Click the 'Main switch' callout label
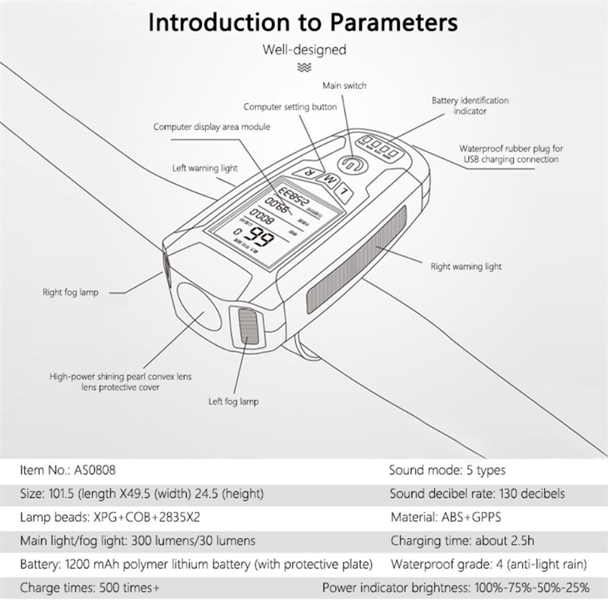pos(344,86)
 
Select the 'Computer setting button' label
pos(290,107)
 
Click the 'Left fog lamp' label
pos(234,401)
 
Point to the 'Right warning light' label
pos(466,267)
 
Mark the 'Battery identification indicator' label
pos(470,106)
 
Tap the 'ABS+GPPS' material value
pos(476,517)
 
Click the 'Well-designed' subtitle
pos(304,50)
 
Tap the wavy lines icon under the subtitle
pos(304,68)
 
